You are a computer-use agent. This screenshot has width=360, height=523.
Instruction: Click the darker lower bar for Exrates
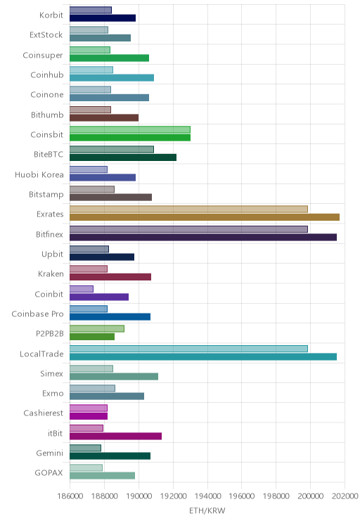tap(205, 217)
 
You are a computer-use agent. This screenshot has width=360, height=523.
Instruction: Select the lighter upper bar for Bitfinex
tap(189, 229)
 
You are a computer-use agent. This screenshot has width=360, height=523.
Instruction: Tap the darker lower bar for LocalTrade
tap(203, 357)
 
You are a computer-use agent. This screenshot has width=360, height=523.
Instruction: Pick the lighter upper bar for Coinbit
tap(82, 289)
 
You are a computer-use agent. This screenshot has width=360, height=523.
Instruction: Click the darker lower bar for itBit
tap(116, 437)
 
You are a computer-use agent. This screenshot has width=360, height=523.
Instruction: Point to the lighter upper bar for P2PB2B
tap(97, 328)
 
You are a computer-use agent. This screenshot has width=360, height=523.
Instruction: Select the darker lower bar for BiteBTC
tap(123, 157)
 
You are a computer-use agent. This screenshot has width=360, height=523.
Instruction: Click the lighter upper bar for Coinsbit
tap(130, 129)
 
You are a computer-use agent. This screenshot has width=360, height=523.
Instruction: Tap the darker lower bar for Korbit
tap(103, 18)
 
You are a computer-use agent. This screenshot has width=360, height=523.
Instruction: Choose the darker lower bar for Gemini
tap(110, 456)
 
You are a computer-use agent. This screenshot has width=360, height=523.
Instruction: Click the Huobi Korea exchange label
tap(39, 175)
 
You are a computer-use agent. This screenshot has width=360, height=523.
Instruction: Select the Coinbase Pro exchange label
tap(37, 314)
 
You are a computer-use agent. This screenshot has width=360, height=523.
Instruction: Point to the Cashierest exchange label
tap(44, 413)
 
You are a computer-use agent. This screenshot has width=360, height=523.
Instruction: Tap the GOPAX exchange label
tap(49, 472)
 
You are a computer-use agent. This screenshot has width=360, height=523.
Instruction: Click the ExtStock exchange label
tap(46, 34)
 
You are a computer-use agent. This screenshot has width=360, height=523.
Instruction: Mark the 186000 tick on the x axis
tap(70, 496)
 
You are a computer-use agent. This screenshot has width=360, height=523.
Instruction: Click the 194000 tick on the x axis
tap(207, 496)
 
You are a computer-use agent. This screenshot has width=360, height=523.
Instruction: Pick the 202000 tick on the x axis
tap(345, 496)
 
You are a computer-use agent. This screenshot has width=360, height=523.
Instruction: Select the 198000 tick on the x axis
tap(276, 496)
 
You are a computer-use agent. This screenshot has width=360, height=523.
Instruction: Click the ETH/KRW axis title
tap(207, 510)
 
